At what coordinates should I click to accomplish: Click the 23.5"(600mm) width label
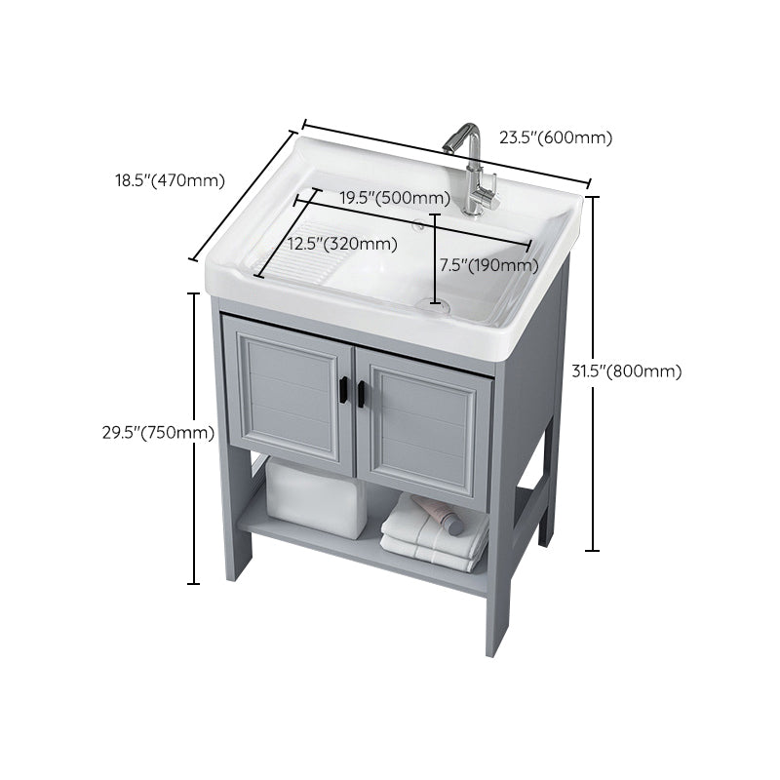(x=556, y=137)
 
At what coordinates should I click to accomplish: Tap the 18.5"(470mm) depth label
(x=170, y=179)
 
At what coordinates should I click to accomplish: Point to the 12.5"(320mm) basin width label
(x=342, y=243)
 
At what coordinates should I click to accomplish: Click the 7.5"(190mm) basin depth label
(x=488, y=264)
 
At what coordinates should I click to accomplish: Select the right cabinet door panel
(x=429, y=419)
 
